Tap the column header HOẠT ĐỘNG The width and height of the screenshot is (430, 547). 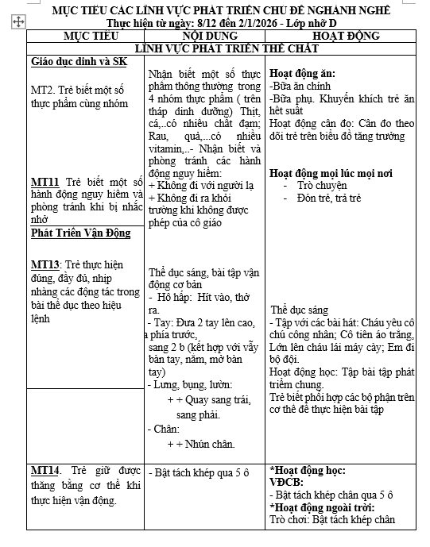pos(345,37)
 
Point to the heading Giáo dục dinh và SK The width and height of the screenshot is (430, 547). pos(79,62)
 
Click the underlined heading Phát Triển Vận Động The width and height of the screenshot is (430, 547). pos(80,233)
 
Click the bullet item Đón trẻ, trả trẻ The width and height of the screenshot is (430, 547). pos(330,197)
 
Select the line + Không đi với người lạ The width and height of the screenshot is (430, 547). pos(197,185)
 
